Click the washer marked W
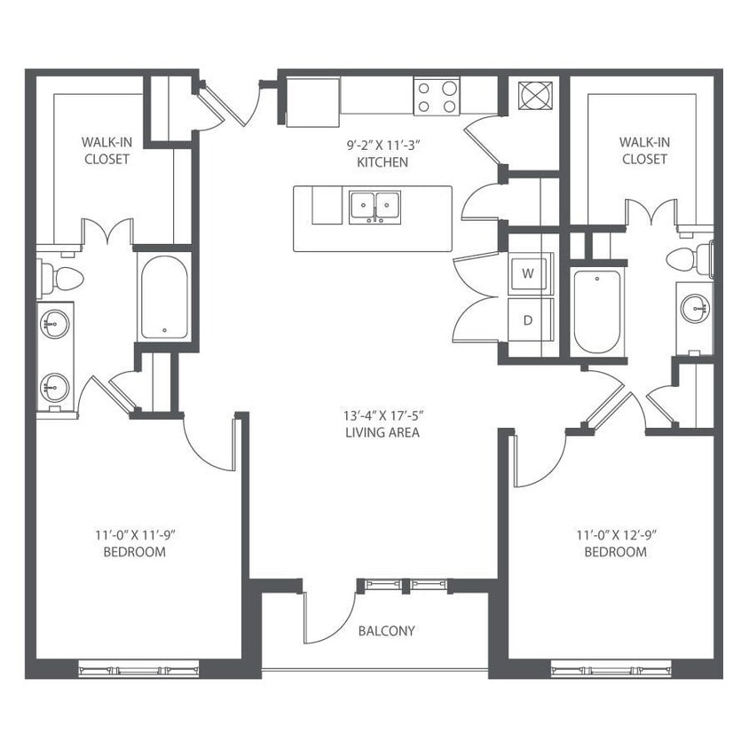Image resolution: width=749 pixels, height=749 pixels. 529,273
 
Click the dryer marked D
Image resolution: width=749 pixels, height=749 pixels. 529,319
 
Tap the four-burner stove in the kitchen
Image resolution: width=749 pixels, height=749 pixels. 437,97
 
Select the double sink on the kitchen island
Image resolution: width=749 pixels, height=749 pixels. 374,207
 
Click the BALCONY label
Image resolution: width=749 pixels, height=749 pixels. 386,631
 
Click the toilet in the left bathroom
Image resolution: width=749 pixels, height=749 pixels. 62,279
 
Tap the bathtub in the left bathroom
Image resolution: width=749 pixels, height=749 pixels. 164,297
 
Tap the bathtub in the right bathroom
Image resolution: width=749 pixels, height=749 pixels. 597,311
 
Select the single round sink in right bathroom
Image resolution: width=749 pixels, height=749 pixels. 695,309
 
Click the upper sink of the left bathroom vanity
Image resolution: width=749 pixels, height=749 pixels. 55,324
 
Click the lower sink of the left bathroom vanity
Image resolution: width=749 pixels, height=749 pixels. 55,387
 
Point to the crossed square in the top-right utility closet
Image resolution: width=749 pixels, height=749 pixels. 534,95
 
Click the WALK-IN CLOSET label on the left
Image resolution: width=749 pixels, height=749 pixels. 106,150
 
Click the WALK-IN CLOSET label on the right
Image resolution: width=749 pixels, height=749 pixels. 644,150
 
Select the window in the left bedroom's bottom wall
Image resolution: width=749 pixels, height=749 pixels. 138,670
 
